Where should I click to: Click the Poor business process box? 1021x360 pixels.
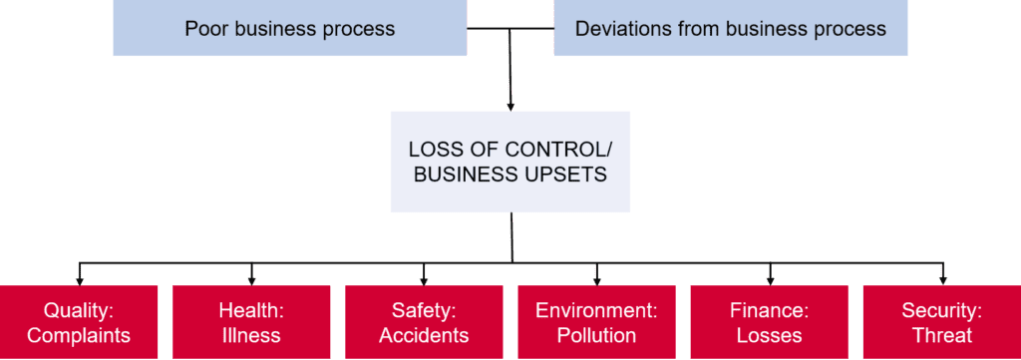pyautogui.click(x=290, y=28)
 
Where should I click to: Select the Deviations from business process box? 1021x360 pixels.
pyautogui.click(x=731, y=28)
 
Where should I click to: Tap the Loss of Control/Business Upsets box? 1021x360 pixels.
pyautogui.click(x=510, y=162)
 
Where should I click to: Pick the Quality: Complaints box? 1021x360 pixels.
pyautogui.click(x=79, y=321)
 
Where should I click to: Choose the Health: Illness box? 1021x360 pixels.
pyautogui.click(x=251, y=321)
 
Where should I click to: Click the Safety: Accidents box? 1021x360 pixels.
pyautogui.click(x=424, y=321)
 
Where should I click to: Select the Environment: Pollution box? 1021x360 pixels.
pyautogui.click(x=596, y=321)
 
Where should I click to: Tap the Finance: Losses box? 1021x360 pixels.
pyautogui.click(x=769, y=321)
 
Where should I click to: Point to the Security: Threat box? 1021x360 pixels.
pyautogui.click(x=942, y=321)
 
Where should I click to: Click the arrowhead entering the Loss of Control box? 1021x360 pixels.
pyautogui.click(x=510, y=107)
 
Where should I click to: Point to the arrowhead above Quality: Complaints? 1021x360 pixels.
pyautogui.click(x=79, y=281)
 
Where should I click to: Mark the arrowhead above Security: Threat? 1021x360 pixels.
pyautogui.click(x=942, y=281)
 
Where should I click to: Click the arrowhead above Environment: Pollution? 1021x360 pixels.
pyautogui.click(x=596, y=281)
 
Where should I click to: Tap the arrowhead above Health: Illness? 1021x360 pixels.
pyautogui.click(x=251, y=281)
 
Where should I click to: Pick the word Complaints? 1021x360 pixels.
pyautogui.click(x=79, y=335)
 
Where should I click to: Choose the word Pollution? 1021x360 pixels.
pyautogui.click(x=596, y=335)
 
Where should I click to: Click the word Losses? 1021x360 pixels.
pyautogui.click(x=769, y=335)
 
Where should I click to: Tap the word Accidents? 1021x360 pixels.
pyautogui.click(x=424, y=335)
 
